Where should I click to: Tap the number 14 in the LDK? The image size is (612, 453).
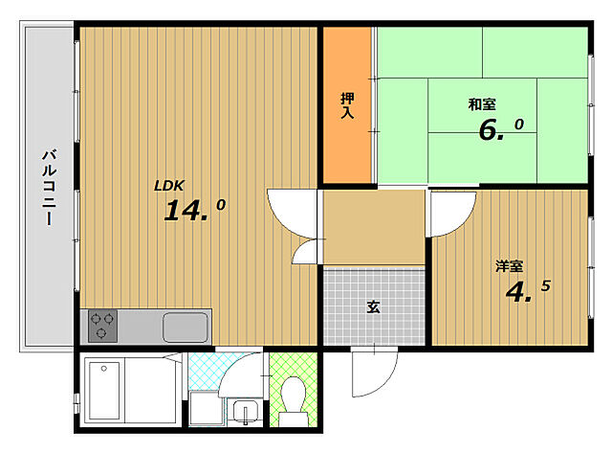186,211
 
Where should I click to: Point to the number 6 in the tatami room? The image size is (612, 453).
491,130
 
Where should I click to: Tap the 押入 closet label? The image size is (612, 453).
347,104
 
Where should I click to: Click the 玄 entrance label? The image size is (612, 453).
374,307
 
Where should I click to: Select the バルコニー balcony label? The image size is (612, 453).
48,187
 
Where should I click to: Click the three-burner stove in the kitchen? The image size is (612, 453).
102,326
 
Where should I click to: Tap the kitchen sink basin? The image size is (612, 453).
186,327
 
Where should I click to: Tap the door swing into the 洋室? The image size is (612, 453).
448,208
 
